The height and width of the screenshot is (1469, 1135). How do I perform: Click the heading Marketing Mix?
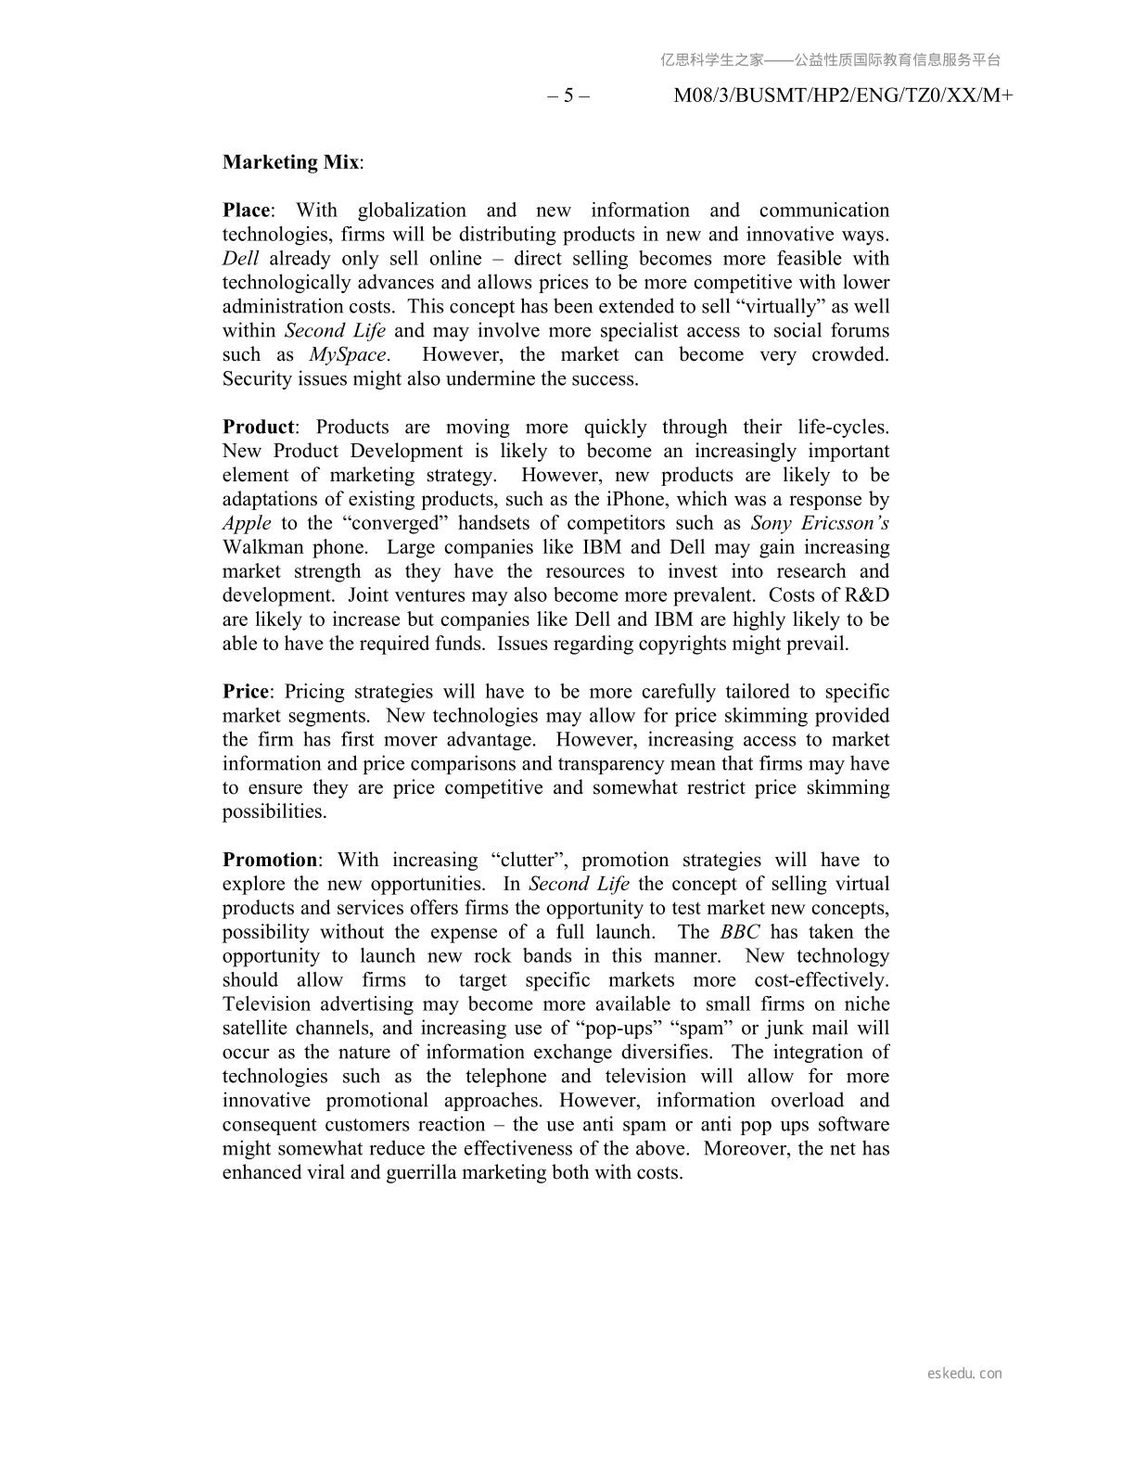[x=290, y=162]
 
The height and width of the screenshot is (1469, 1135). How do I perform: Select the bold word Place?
[x=247, y=211]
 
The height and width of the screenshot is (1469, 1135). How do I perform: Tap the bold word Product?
[x=259, y=428]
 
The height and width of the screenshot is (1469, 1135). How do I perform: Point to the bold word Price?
[x=246, y=692]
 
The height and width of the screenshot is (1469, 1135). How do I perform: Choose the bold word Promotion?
[x=270, y=861]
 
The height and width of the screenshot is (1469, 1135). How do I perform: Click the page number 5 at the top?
[x=568, y=96]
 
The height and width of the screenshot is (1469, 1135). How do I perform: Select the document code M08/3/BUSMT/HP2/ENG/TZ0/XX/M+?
[x=843, y=96]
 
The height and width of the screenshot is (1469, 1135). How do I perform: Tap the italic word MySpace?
[x=348, y=355]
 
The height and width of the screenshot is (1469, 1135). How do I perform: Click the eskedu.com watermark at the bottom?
[x=964, y=1373]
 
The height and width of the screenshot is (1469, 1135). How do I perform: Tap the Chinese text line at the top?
[x=831, y=60]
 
